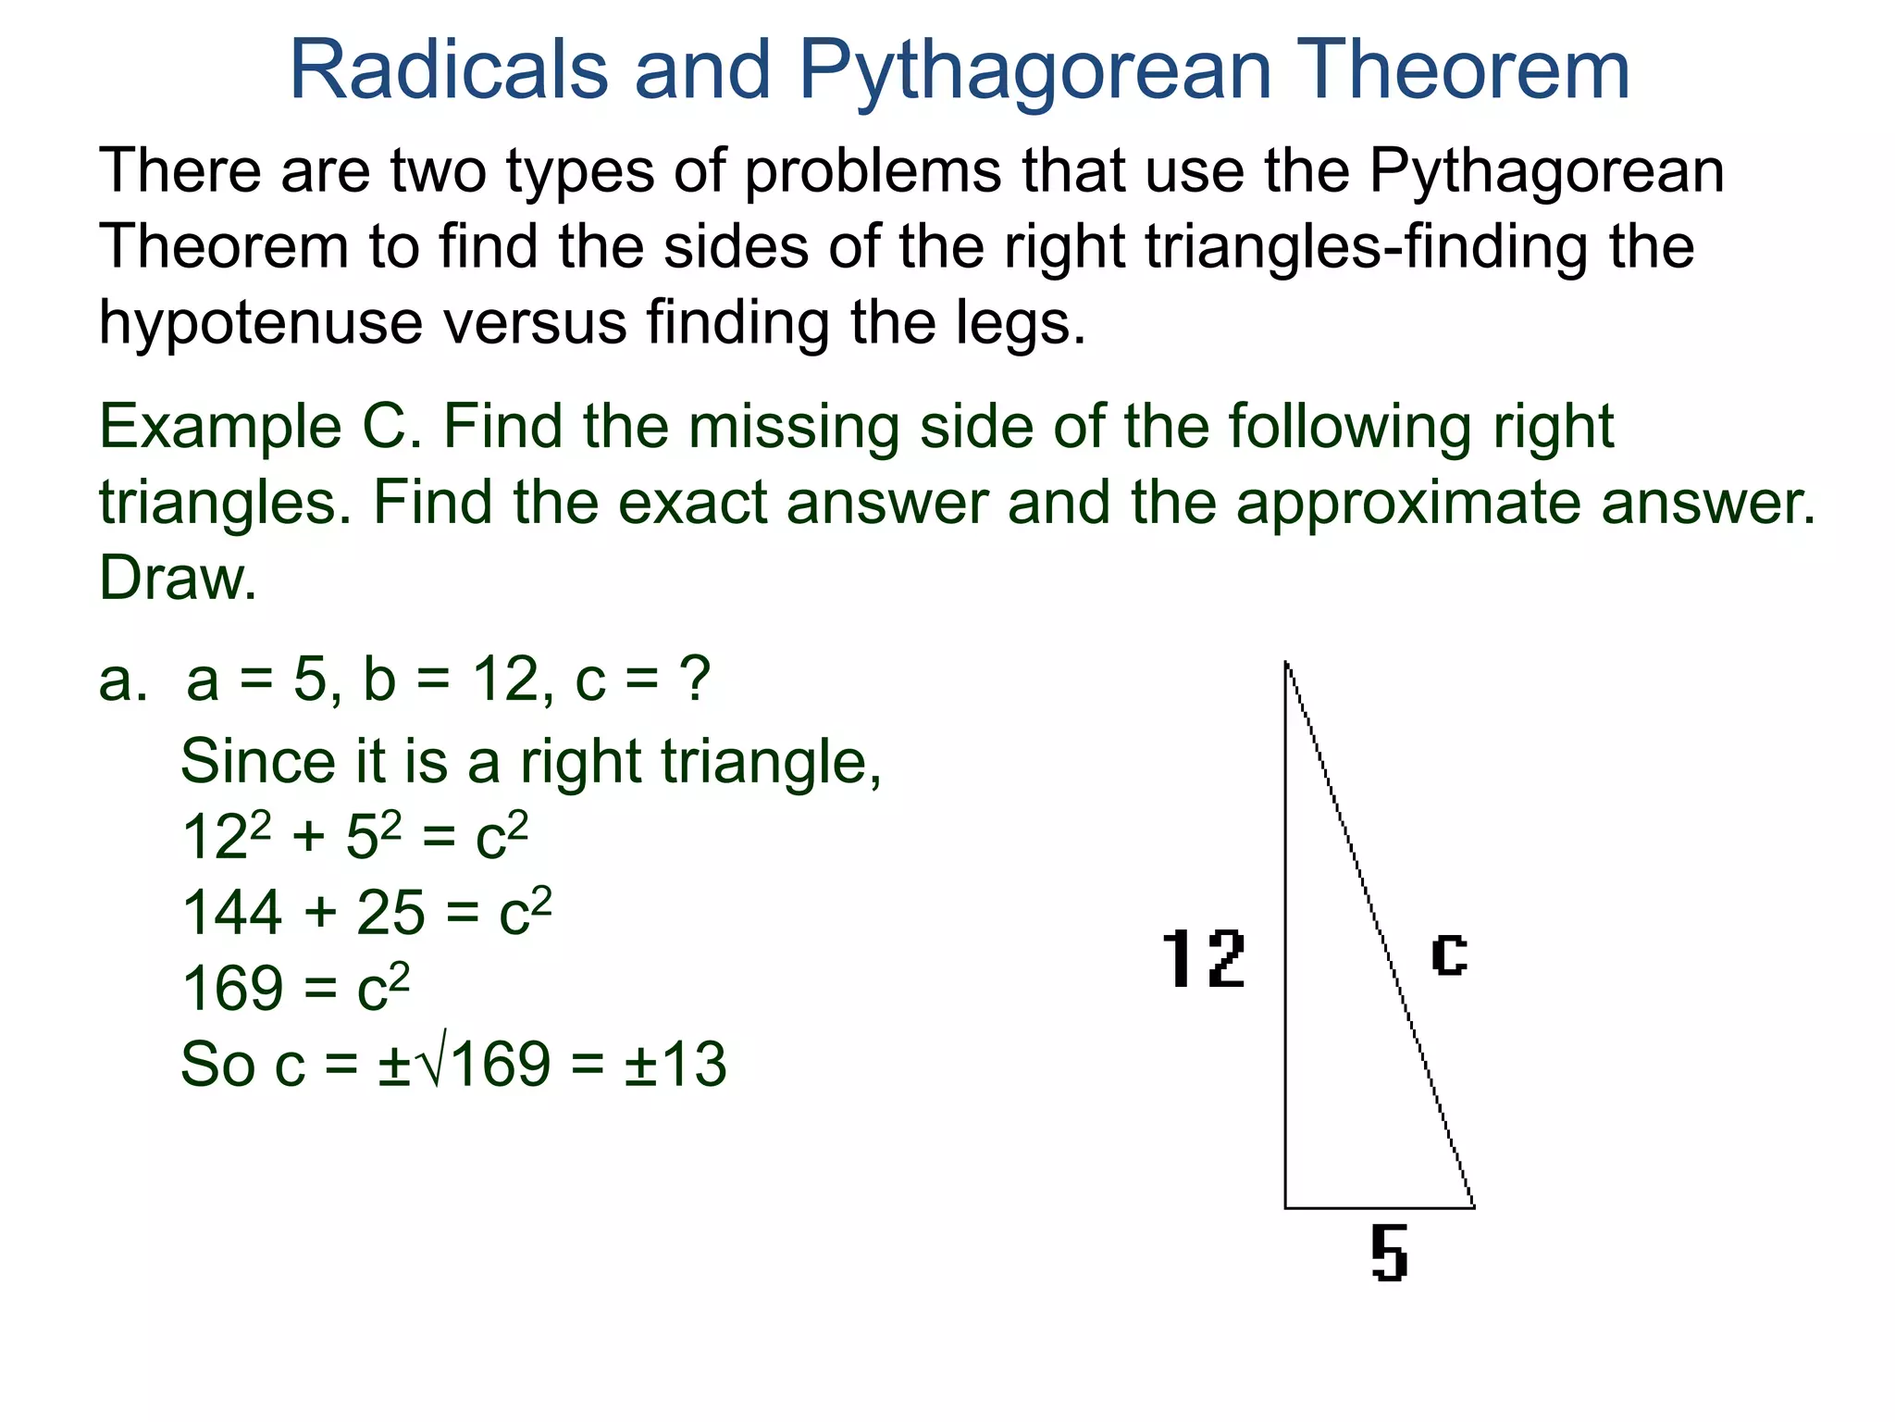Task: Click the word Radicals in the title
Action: [x=449, y=70]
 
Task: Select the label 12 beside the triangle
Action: [x=1203, y=959]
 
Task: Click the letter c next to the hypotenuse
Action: [x=1448, y=954]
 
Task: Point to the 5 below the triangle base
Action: [x=1389, y=1254]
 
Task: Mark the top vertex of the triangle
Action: [x=1286, y=662]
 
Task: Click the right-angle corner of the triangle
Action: [x=1286, y=1207]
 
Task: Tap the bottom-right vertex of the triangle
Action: [x=1474, y=1207]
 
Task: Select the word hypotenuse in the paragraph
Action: [x=260, y=324]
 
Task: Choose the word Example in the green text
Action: [x=220, y=428]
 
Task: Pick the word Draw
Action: [x=177, y=579]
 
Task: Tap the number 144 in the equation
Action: [x=232, y=913]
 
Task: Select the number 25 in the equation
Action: [x=390, y=913]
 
